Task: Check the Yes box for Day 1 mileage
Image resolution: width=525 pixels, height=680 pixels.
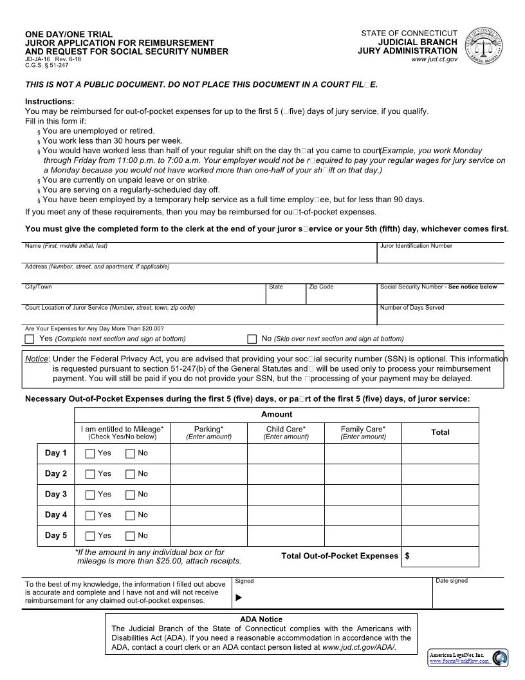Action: coord(90,453)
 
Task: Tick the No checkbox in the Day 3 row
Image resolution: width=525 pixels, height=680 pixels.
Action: coord(130,495)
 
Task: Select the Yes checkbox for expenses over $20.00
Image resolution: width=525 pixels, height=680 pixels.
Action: coord(30,339)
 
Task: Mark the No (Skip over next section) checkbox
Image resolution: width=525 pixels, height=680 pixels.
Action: coord(252,339)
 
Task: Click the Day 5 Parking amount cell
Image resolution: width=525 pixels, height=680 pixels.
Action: coord(208,536)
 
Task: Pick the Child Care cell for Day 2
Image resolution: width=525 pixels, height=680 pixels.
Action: coord(286,474)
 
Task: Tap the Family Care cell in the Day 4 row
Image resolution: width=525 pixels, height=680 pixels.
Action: coord(363,515)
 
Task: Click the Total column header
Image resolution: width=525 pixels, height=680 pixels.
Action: coord(440,433)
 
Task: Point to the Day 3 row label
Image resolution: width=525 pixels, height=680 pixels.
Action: coord(56,495)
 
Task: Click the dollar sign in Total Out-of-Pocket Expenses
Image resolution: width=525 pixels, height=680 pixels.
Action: coord(408,556)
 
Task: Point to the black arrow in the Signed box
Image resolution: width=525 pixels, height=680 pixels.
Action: coord(239,598)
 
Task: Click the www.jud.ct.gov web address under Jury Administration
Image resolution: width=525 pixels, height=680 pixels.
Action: coord(434,59)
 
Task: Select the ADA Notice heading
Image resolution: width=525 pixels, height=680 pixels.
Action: coord(261,619)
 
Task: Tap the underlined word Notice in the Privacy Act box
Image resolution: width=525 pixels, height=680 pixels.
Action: coord(37,359)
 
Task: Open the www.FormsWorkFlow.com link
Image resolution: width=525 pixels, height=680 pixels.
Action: coord(459,661)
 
